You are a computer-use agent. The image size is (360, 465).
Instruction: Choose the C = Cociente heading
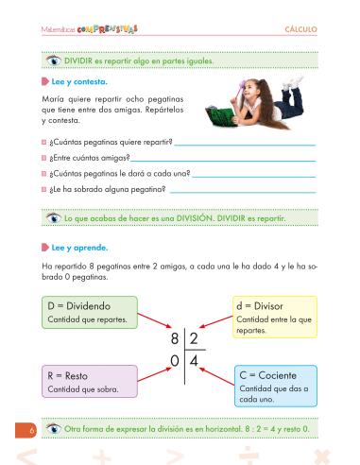point(268,375)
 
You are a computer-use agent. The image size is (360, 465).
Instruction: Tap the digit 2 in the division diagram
point(193,338)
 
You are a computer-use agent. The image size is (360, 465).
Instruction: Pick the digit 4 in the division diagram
point(193,360)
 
